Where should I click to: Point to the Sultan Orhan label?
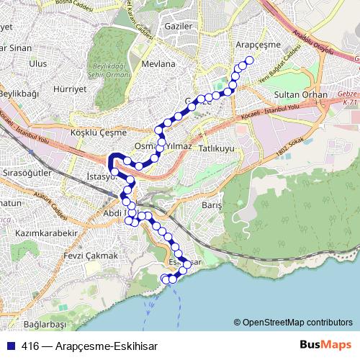pos(300,95)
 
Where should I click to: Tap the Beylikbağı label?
pos(19,94)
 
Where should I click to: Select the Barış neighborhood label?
pos(211,204)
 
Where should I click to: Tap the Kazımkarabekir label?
pos(45,235)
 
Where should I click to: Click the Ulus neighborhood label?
pos(37,63)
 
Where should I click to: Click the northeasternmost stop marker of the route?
pos(250,60)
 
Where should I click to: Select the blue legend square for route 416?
pos(12,346)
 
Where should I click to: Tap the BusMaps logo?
pos(323,345)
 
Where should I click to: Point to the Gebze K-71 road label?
pos(348,99)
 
